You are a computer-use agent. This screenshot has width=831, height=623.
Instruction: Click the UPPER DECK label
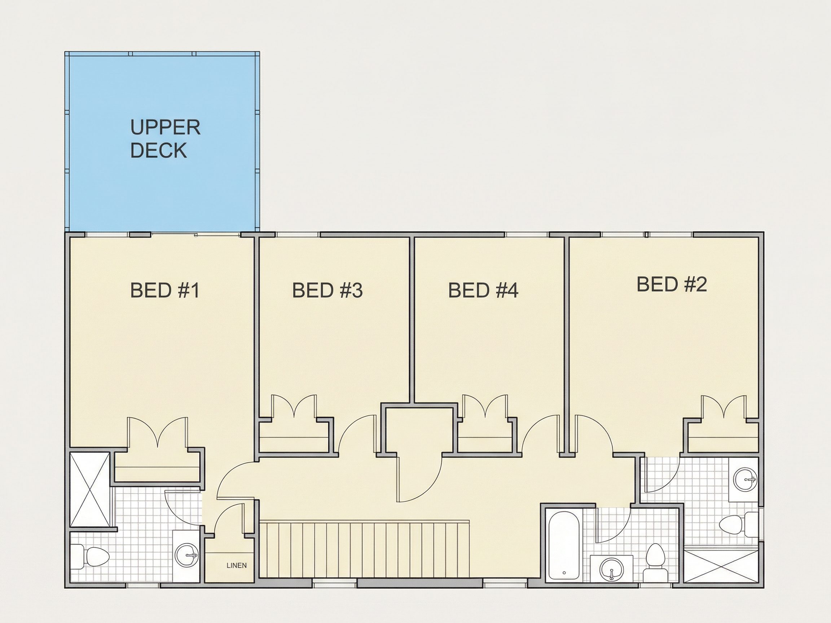(165, 139)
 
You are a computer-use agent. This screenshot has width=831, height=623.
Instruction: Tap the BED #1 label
(164, 290)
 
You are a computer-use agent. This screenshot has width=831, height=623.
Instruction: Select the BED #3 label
(327, 290)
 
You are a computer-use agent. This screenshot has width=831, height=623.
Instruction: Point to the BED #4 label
(483, 290)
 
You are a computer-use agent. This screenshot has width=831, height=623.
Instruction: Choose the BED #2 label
(672, 284)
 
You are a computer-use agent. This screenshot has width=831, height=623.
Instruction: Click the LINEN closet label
(237, 566)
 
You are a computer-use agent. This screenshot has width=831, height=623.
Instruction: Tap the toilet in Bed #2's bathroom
(738, 525)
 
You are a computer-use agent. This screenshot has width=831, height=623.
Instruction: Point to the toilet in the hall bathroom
(655, 563)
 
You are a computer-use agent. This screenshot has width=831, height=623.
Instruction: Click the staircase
(364, 549)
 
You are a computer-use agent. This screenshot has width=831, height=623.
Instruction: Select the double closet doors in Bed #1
(157, 432)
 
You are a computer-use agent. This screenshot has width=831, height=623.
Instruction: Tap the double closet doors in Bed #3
(294, 406)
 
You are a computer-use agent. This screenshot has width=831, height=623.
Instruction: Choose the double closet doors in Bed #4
(485, 406)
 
